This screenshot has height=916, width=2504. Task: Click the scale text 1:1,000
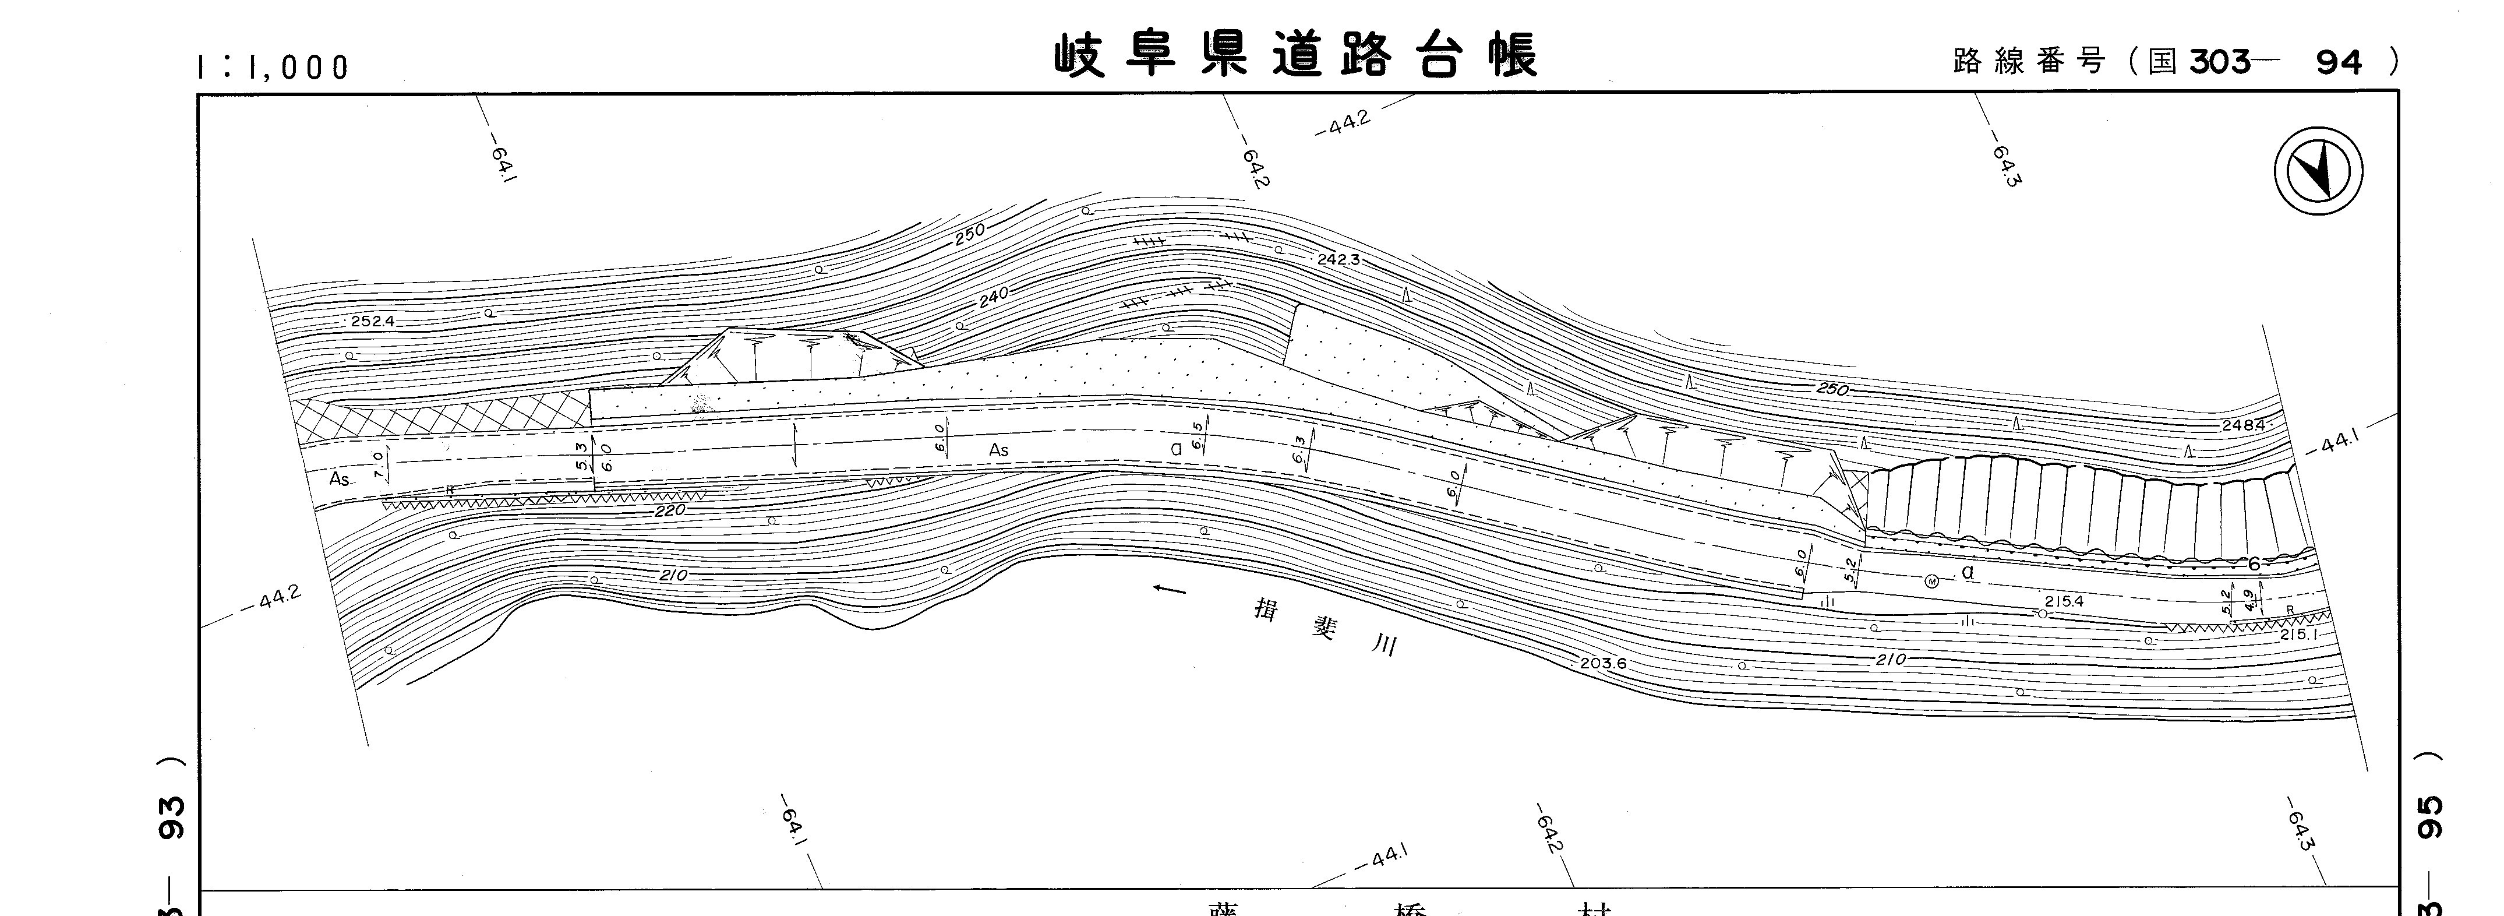272,67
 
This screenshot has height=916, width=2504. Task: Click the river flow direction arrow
1170,589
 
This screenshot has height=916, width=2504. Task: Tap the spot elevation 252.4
372,321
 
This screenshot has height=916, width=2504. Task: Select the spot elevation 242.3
1338,260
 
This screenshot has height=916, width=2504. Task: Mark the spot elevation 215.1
2299,634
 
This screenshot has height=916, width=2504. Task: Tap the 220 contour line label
670,509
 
